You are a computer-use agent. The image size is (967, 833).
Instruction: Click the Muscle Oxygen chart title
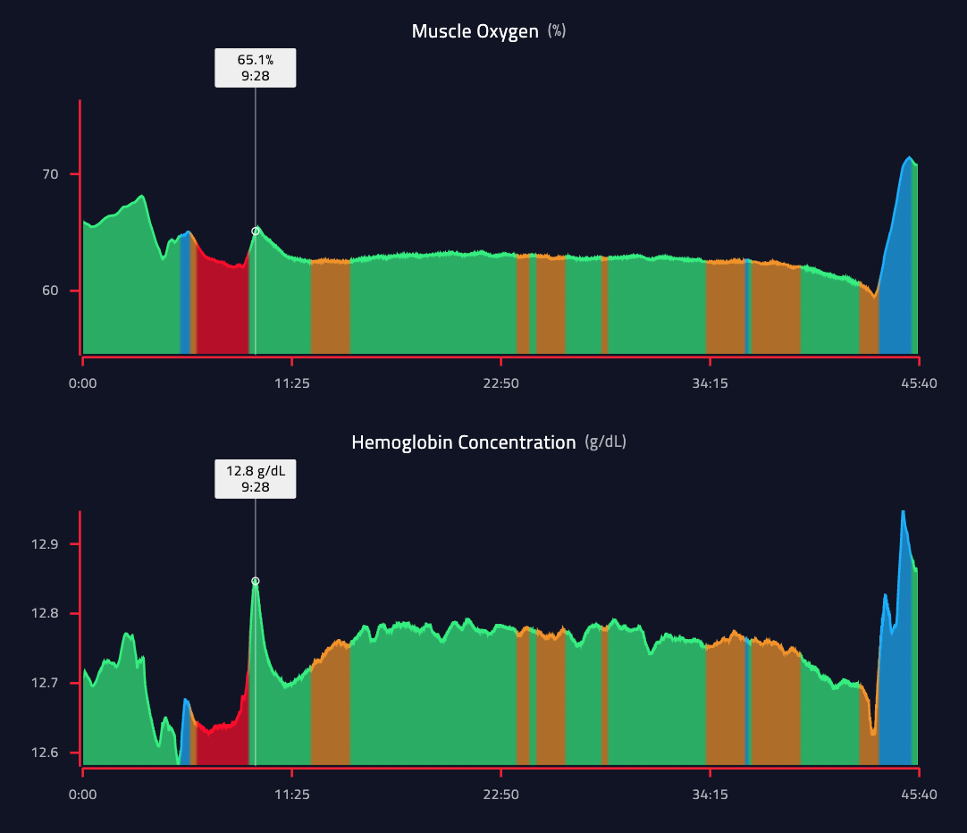(475, 31)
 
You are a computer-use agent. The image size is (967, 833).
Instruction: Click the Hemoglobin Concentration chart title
(463, 442)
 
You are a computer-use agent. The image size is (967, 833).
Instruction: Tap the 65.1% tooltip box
(255, 68)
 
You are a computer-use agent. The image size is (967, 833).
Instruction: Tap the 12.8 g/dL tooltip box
(255, 478)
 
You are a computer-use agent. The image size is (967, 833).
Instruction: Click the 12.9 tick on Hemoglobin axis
(43, 544)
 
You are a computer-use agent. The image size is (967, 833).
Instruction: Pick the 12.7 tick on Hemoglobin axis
(43, 684)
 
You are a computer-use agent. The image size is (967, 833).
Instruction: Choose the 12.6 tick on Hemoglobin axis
(43, 753)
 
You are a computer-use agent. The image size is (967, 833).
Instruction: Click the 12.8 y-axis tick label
(43, 614)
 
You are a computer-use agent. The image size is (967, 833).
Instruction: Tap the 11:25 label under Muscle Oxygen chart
(291, 383)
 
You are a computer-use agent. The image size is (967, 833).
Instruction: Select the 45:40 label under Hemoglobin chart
(918, 793)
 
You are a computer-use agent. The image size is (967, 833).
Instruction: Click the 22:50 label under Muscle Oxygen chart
(500, 383)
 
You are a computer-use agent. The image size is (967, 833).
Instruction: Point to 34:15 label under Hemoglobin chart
(710, 793)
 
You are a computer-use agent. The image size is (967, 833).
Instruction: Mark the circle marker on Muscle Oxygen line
(256, 231)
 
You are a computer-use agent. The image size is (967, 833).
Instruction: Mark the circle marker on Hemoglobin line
(256, 581)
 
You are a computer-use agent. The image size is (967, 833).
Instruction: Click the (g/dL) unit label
(605, 442)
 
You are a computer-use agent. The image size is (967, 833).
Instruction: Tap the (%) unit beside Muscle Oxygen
(557, 31)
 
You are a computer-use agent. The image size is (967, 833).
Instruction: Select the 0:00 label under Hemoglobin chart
(83, 793)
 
